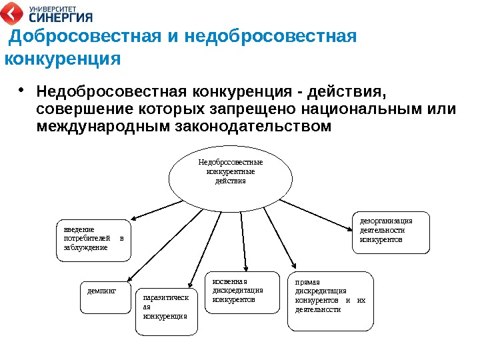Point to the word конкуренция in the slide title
coord(63,59)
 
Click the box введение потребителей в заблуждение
coord(93,239)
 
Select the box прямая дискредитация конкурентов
coord(331,301)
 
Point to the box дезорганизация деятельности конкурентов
coord(391,233)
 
